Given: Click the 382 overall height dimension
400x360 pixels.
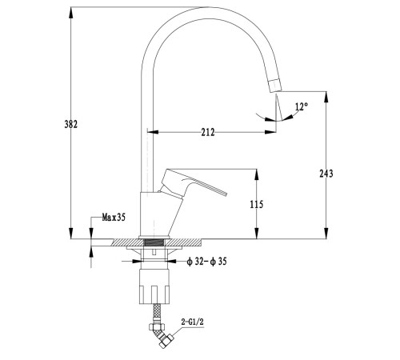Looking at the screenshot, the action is click(71, 124).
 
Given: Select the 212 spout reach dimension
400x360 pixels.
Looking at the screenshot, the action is click(208, 132).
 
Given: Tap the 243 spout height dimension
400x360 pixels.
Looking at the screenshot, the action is click(326, 174).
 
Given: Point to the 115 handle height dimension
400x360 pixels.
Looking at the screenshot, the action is click(257, 204).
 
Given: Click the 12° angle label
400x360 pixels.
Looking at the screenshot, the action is click(302, 106).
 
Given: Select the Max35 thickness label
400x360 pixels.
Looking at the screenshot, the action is click(114, 218).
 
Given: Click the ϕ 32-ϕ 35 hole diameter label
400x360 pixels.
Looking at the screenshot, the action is click(207, 262).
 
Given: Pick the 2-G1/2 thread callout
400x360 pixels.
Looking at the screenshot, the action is click(192, 322).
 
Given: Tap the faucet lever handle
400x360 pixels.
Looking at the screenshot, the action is click(192, 183).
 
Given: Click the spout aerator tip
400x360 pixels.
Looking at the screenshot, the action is click(276, 86).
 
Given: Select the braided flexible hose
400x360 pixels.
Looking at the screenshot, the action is click(158, 314).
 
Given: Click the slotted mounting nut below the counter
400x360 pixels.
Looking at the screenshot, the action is click(154, 286).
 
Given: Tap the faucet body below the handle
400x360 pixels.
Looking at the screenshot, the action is click(158, 214).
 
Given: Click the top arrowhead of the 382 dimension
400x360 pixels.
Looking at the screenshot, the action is click(71, 13).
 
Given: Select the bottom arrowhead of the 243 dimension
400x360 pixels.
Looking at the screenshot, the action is click(326, 233).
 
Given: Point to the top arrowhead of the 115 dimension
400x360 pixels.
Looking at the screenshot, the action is click(257, 174).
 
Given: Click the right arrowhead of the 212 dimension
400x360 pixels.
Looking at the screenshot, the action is click(270, 132).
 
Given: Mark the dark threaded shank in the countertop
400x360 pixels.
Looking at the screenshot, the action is click(154, 242).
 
